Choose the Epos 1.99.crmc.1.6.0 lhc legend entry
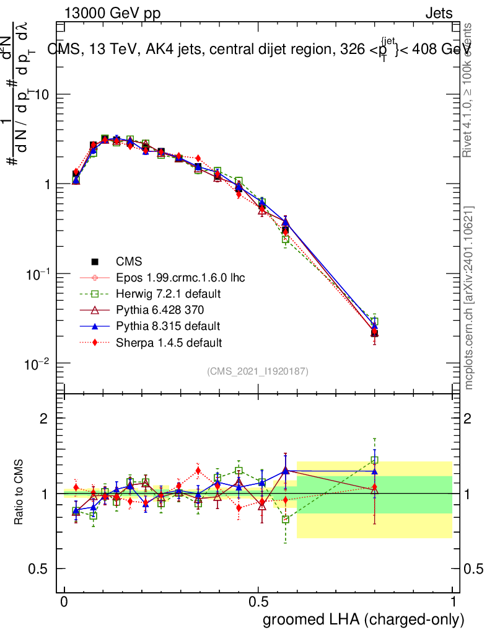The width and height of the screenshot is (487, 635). [180, 277]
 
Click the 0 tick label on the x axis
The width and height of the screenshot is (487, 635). [64, 602]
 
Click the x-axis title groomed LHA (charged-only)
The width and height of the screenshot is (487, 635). [364, 619]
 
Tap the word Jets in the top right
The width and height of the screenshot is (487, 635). [439, 14]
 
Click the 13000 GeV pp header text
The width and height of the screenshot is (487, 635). [112, 14]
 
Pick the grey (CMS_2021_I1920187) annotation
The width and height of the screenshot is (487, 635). [258, 371]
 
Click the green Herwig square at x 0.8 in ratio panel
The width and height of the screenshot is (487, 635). [374, 460]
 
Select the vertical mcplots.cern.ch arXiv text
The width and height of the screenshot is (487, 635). [469, 298]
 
